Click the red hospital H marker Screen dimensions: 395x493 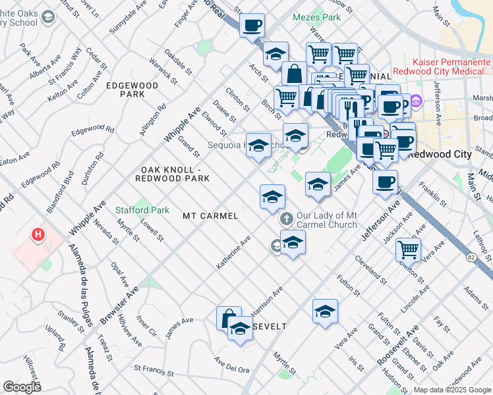pos(39,234)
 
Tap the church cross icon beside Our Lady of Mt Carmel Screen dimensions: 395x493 pos(286,218)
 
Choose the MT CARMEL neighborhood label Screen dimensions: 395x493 pos(210,215)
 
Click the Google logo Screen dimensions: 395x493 pos(22,386)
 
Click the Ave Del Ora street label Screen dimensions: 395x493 pos(231,365)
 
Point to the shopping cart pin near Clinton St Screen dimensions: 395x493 pos(408,250)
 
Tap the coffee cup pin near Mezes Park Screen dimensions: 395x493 pos(252,26)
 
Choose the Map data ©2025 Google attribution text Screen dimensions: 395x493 pos(452,390)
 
